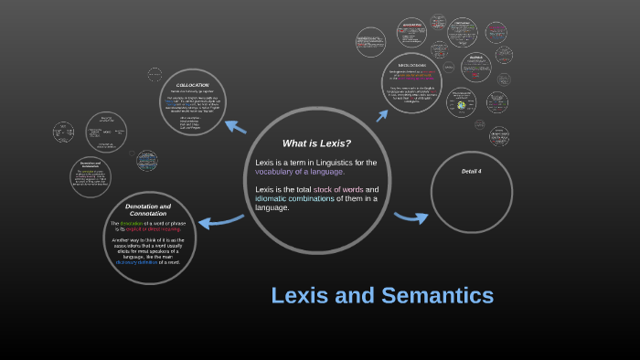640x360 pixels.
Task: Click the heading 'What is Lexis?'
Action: click(x=316, y=143)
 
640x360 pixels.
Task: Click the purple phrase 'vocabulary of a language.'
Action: click(x=300, y=171)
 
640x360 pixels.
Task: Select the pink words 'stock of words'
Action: click(x=339, y=189)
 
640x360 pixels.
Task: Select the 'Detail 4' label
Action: click(x=471, y=172)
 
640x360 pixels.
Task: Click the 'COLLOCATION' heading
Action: click(x=193, y=85)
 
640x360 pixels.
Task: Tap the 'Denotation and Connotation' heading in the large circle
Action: click(x=148, y=210)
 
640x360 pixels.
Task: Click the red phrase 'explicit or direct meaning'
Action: click(x=162, y=230)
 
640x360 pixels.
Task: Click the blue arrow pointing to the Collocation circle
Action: click(x=235, y=127)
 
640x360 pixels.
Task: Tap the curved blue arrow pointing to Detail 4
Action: click(x=411, y=217)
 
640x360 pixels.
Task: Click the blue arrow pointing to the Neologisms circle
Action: click(x=381, y=113)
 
